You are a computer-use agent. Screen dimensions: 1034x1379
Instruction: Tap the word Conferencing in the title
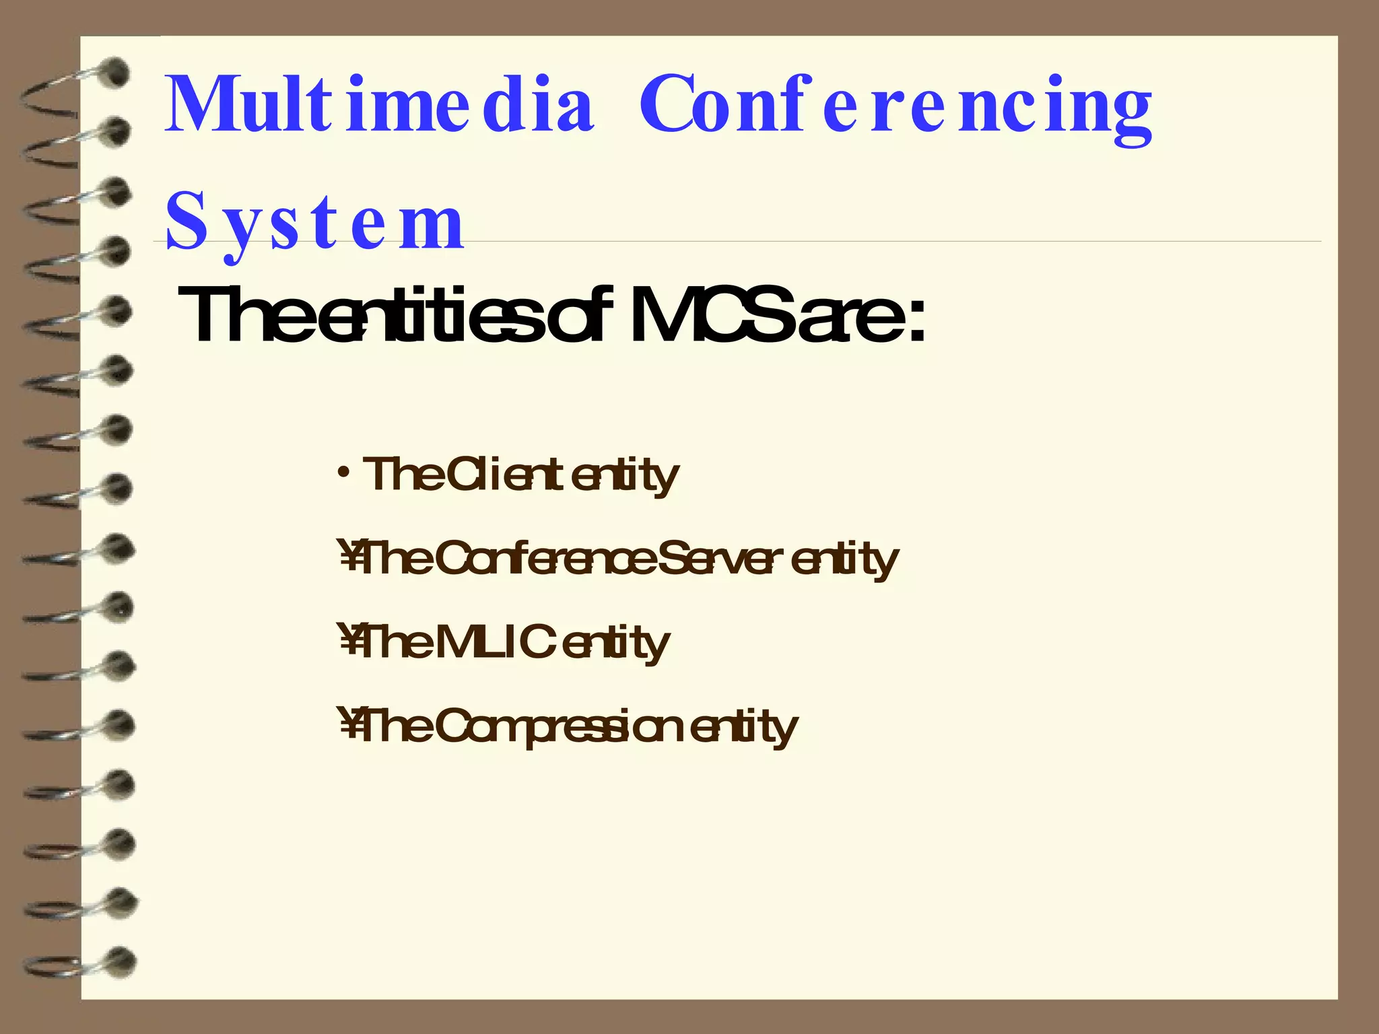point(896,108)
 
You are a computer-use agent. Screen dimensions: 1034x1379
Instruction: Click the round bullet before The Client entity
point(344,471)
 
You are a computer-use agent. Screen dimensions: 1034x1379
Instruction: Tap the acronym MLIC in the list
point(496,642)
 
